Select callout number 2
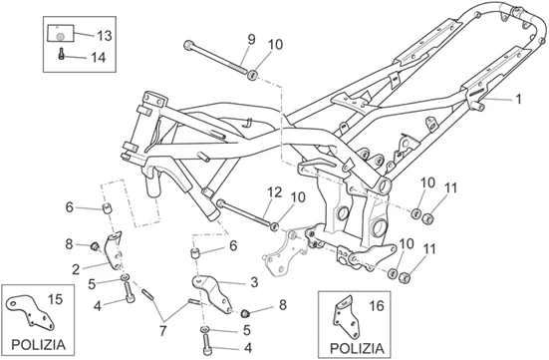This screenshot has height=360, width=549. [x=75, y=267]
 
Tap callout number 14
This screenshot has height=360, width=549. [x=99, y=58]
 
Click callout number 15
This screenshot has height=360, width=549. [x=54, y=299]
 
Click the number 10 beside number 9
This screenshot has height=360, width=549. [x=275, y=43]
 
